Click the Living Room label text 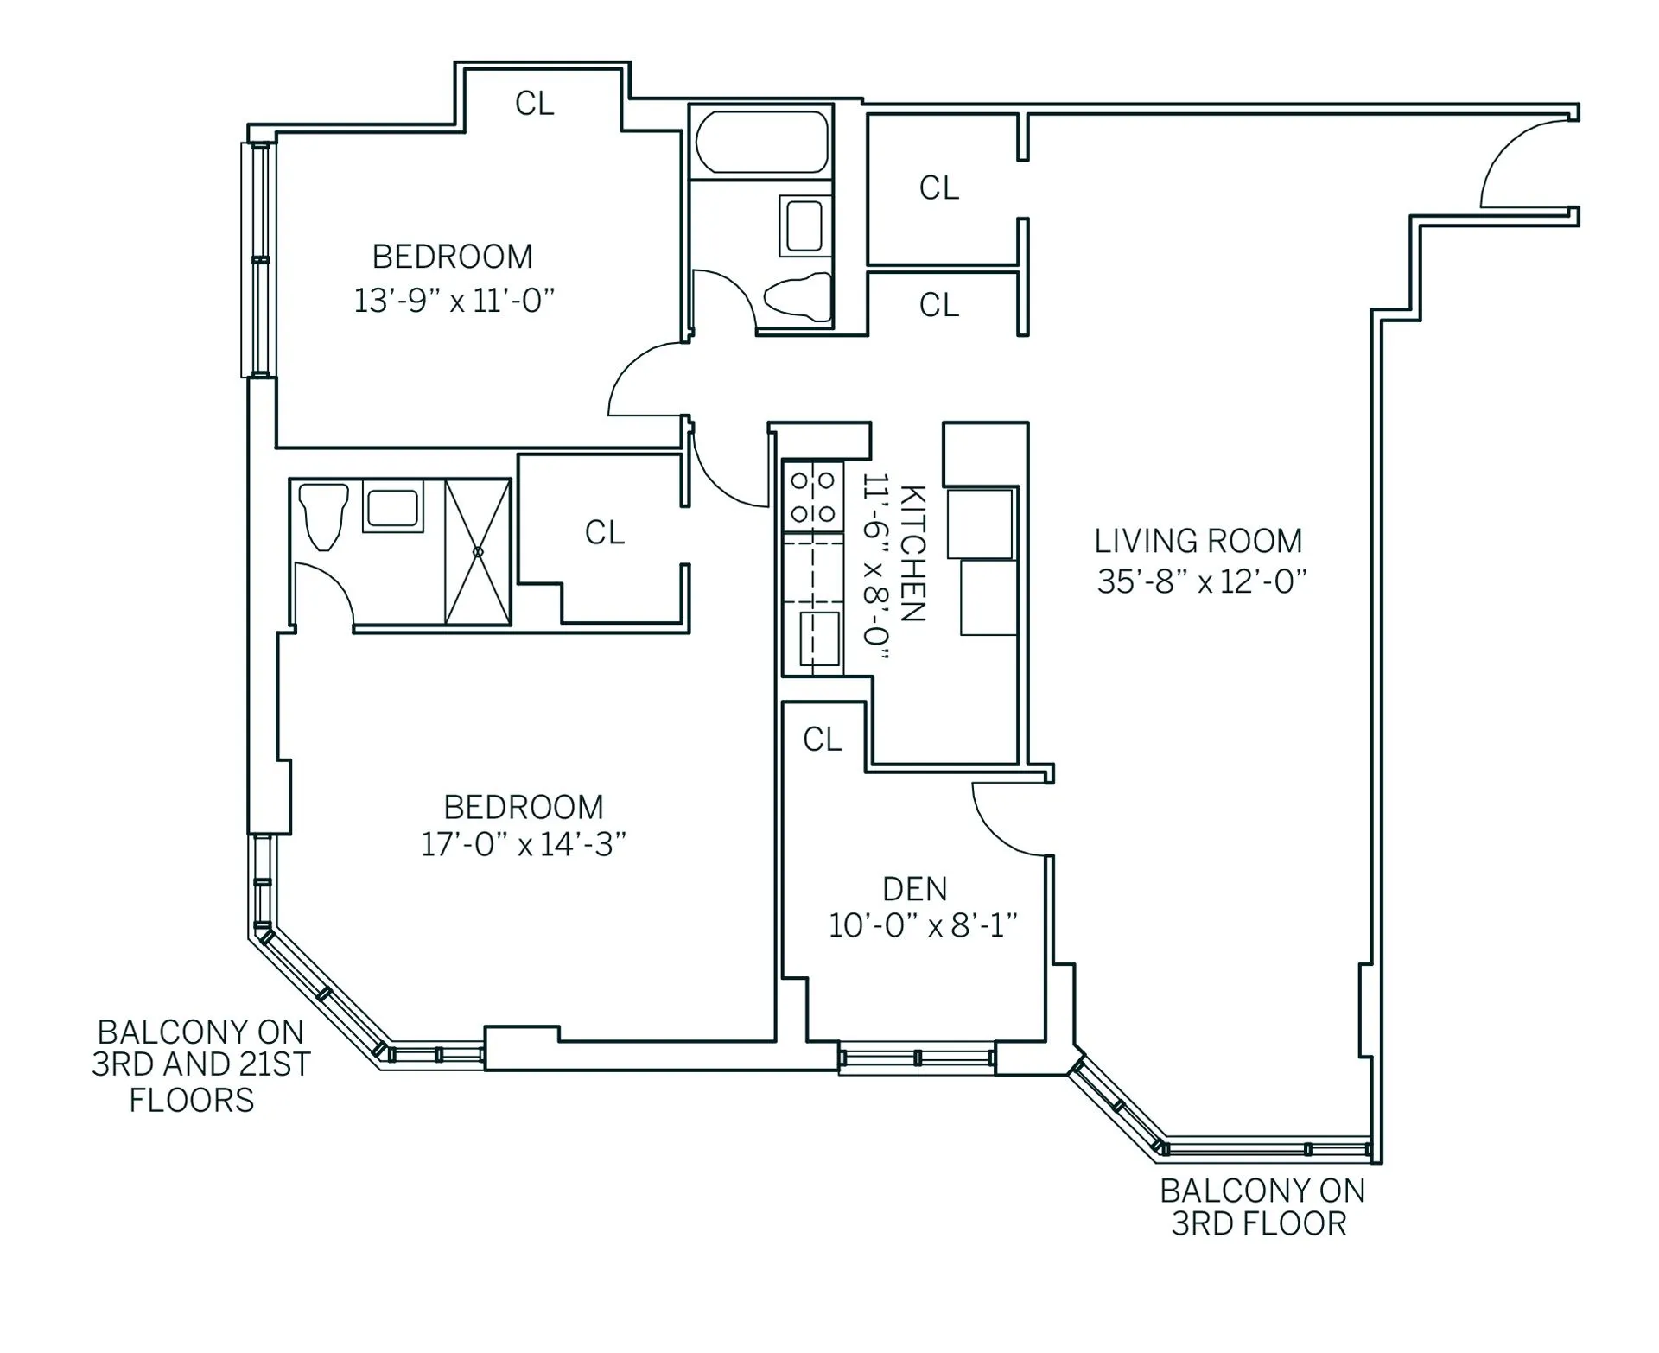[1198, 542]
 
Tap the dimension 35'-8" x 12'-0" [1201, 582]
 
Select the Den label [914, 889]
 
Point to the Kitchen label [913, 553]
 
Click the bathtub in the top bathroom [761, 143]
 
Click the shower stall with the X [478, 551]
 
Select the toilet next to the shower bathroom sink [322, 515]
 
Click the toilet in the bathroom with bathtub [797, 298]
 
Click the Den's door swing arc [1002, 825]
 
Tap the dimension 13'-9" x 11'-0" [454, 301]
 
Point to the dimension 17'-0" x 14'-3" [523, 844]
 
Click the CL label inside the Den [822, 740]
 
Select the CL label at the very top [534, 104]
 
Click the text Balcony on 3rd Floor [1262, 1207]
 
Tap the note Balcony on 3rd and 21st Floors [200, 1065]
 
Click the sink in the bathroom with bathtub [804, 225]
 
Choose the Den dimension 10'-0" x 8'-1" [923, 926]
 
